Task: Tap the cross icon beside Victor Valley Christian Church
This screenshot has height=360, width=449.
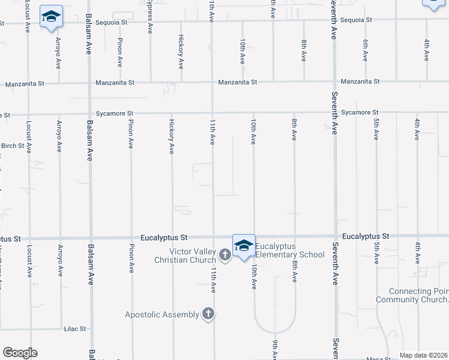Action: point(224,256)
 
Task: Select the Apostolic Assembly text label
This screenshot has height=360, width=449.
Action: point(161,314)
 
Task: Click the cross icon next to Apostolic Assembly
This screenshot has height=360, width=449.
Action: point(208,314)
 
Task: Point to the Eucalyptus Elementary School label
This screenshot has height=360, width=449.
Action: point(290,250)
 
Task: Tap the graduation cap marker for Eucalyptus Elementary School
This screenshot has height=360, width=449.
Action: point(244,246)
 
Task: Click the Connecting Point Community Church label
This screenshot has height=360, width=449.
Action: point(411,295)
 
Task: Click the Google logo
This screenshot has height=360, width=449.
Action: point(20,353)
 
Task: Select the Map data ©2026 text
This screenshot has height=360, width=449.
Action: point(423,355)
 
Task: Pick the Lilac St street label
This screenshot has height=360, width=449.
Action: point(75,329)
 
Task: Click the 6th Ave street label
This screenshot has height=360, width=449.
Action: point(365,50)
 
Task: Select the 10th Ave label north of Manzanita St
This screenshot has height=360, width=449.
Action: point(243,52)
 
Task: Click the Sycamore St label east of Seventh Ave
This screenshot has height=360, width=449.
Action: point(360,112)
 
